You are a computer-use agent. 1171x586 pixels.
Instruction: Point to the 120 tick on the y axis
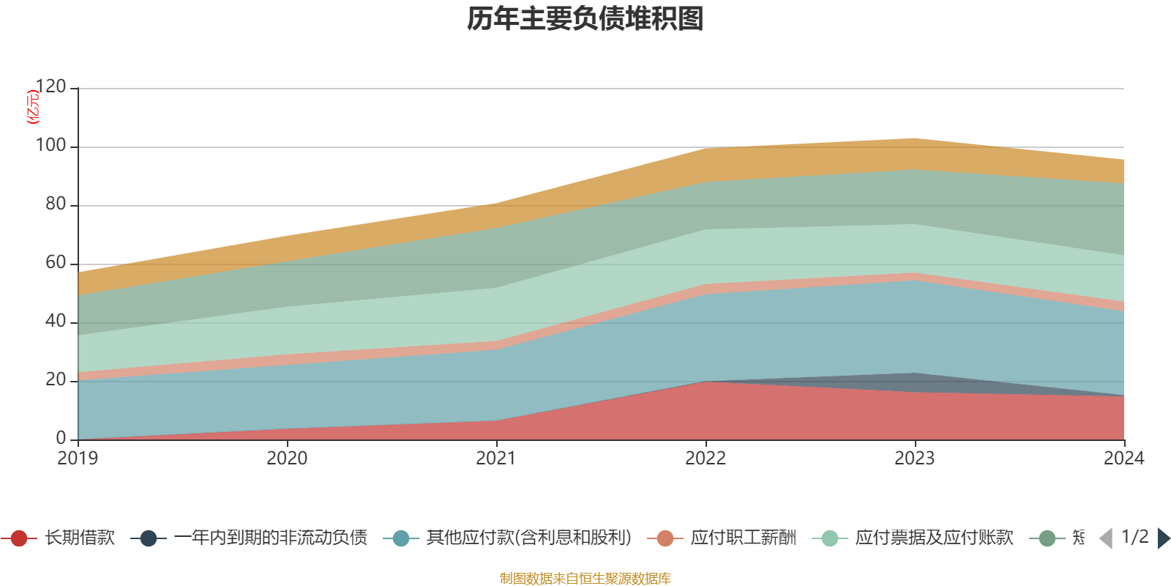tap(50, 87)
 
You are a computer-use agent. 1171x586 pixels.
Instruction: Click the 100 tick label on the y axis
tap(50, 146)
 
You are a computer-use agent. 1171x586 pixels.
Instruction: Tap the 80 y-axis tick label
tap(55, 204)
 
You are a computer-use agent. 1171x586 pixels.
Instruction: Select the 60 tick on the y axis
tap(55, 263)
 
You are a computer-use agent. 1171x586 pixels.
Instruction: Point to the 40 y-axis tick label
tap(55, 322)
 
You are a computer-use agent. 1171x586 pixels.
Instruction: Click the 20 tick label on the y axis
tap(55, 380)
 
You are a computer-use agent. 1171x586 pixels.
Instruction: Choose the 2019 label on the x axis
tap(78, 459)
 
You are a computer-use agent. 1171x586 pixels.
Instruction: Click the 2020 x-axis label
tap(287, 459)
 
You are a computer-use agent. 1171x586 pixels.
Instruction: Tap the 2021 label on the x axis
tap(496, 459)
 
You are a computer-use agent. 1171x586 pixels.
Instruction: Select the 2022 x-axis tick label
tap(706, 459)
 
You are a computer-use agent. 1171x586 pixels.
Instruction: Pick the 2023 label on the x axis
tap(915, 459)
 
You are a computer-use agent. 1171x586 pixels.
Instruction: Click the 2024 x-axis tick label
tap(1123, 459)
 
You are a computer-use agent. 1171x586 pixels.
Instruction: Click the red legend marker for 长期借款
tap(20, 538)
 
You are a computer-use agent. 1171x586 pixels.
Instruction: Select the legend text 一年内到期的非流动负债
tap(270, 538)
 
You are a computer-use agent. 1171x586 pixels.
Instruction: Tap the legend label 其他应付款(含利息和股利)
tap(528, 538)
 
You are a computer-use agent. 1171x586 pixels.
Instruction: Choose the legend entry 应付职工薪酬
tap(743, 538)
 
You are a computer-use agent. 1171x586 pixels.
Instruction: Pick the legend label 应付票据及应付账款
tap(934, 538)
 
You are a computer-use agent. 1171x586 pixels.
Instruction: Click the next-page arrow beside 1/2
tap(1163, 538)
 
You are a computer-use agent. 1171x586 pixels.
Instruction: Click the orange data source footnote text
tap(585, 579)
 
